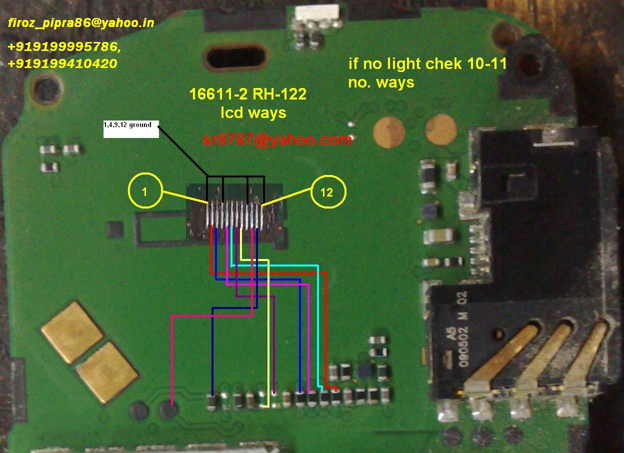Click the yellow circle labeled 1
click(145, 191)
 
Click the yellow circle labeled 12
click(327, 192)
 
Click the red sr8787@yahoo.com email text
click(277, 140)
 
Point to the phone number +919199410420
click(62, 63)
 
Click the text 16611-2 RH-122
click(247, 94)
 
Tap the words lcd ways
click(253, 112)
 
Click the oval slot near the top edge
click(234, 56)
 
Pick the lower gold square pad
click(107, 372)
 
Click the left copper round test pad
click(388, 131)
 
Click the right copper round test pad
click(441, 128)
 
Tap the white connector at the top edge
click(314, 12)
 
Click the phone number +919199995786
click(64, 47)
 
